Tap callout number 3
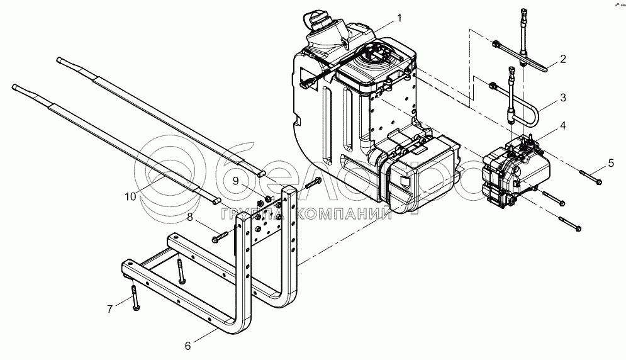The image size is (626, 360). click(x=563, y=98)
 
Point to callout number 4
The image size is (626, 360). click(x=563, y=125)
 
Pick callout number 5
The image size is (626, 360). click(x=610, y=164)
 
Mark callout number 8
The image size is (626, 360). click(x=189, y=218)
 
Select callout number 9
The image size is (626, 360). click(x=235, y=180)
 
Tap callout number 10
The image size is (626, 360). click(x=130, y=196)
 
